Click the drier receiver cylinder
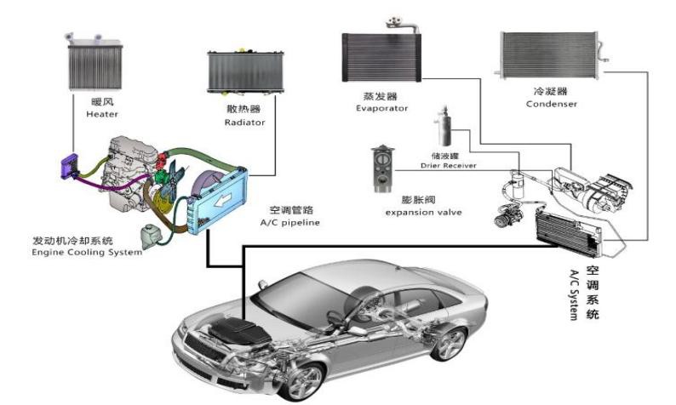[443, 128]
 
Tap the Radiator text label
[246, 123]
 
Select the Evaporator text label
[382, 108]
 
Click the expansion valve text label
[423, 211]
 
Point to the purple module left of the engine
[67, 168]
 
